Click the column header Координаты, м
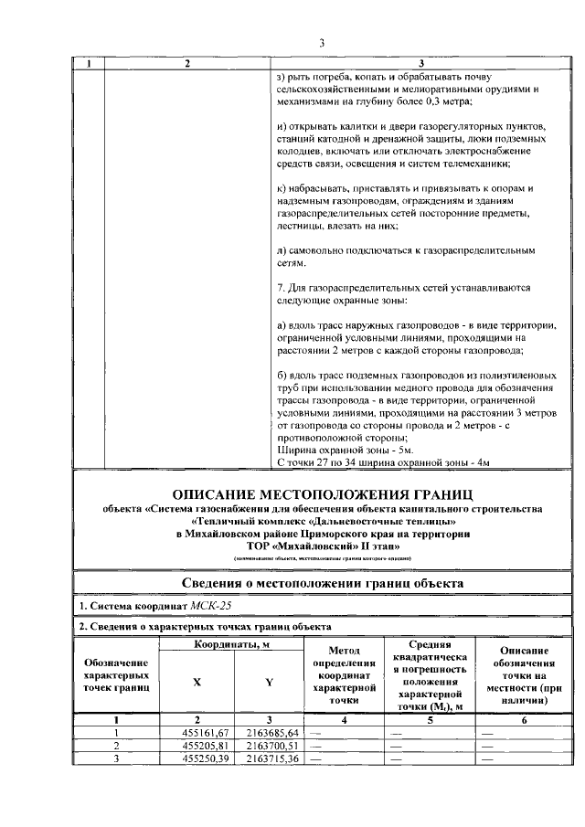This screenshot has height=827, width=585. (x=232, y=645)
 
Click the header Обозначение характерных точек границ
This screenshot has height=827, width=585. (x=116, y=678)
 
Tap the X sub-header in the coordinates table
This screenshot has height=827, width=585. (x=197, y=682)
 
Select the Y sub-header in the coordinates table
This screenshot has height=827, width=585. (x=269, y=682)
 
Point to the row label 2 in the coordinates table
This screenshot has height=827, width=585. (x=116, y=746)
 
